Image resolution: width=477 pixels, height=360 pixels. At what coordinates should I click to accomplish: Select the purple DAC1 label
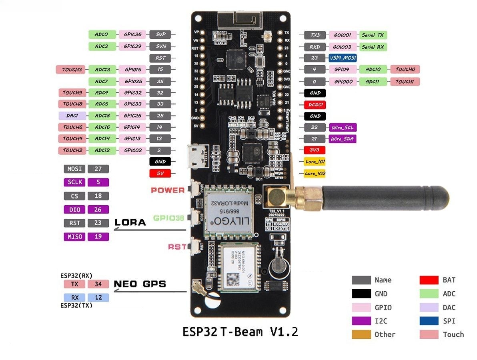[x=72, y=116]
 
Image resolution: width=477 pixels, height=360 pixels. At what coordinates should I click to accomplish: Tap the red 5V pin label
[x=160, y=174]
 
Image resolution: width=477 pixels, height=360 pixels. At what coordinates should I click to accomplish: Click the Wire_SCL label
[x=342, y=128]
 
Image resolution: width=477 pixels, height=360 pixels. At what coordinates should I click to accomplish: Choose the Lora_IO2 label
[x=315, y=174]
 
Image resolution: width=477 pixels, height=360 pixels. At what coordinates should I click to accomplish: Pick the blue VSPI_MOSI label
[x=342, y=58]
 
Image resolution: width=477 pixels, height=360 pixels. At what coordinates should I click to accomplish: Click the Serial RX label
[x=373, y=47]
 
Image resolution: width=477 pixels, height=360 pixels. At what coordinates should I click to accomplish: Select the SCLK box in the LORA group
[x=75, y=182]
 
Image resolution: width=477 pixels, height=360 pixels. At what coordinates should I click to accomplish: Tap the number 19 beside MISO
[x=98, y=236]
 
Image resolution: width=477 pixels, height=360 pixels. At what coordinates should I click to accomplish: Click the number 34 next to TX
[x=98, y=284]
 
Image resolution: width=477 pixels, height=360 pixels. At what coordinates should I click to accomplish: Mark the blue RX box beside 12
[x=75, y=298]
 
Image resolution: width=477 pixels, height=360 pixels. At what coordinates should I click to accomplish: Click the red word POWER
[x=168, y=190]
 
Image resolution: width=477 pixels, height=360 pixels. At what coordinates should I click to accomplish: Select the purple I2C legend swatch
[x=361, y=321]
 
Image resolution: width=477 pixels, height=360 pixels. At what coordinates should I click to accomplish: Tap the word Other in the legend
[x=385, y=334]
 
